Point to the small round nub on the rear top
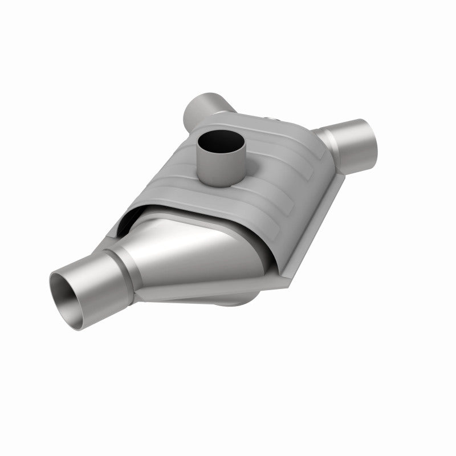click(x=271, y=118)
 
